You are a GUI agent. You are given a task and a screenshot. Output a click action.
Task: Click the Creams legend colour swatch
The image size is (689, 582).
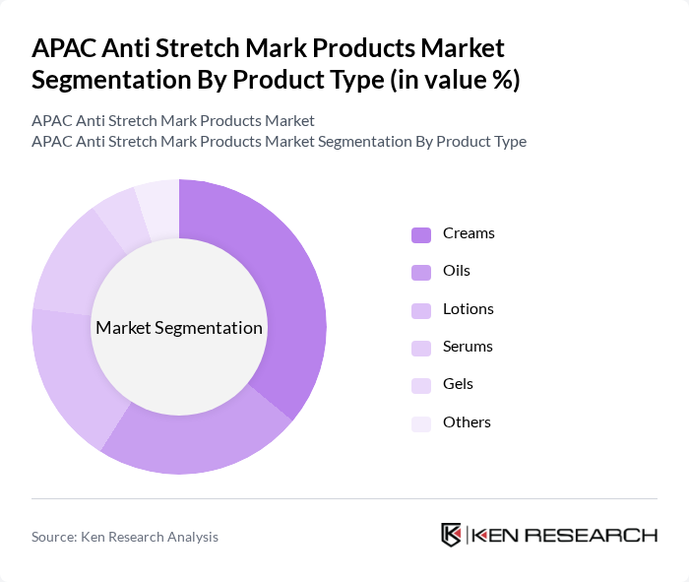click(420, 234)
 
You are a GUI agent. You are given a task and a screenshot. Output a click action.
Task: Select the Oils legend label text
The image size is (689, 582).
click(457, 271)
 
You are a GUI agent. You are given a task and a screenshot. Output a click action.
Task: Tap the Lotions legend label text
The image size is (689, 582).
click(468, 308)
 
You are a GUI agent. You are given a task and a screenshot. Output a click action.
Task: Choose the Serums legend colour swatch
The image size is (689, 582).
click(420, 348)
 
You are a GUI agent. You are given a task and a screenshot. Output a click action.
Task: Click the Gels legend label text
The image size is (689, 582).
click(458, 384)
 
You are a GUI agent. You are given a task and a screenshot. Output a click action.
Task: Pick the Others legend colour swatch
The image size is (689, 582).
click(420, 422)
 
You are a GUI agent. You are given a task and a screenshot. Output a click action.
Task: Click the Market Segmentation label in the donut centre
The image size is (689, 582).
click(179, 328)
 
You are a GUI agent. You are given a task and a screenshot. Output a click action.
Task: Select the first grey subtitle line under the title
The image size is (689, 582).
click(173, 120)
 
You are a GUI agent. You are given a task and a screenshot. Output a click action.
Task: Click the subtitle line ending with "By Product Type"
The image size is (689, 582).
click(279, 141)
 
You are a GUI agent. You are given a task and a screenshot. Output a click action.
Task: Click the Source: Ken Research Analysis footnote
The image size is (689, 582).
click(125, 537)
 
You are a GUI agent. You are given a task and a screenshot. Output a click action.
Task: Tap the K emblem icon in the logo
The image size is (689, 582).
click(451, 535)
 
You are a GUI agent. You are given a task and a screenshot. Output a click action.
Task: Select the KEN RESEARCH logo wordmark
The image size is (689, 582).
click(564, 535)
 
